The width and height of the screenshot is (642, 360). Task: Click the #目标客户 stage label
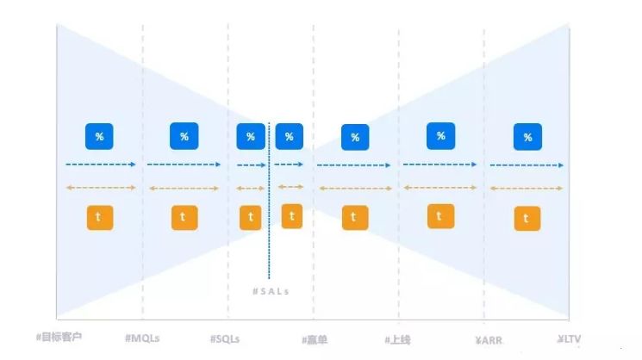[x=65, y=338]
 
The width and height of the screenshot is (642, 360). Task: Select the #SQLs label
[x=227, y=338]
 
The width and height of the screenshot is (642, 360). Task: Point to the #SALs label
[x=271, y=291]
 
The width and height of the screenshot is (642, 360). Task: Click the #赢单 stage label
[x=315, y=339]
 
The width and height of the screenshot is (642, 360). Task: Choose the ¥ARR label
[x=488, y=339]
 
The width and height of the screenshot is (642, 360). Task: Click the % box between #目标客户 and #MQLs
[x=99, y=136]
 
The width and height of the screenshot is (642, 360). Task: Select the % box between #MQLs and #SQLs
[x=184, y=136]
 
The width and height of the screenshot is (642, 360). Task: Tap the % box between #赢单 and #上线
[x=355, y=137]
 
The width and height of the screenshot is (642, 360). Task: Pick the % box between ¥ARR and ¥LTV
[x=527, y=137]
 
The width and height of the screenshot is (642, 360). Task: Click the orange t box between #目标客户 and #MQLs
[x=99, y=218]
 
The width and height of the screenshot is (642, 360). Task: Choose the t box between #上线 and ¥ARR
[x=440, y=217]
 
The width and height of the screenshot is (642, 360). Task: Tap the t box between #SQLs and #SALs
[x=250, y=217]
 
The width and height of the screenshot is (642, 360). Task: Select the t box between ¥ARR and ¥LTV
[x=527, y=219]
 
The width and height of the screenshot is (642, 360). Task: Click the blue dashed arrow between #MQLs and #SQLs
[x=184, y=164]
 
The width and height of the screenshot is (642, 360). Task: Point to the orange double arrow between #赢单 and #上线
[x=355, y=187]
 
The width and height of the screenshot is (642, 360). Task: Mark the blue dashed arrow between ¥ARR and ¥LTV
[x=527, y=164]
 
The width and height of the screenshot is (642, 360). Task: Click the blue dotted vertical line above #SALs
[x=269, y=198]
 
